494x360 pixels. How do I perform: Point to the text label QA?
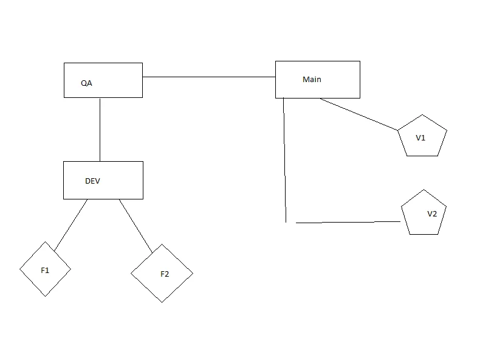(x=86, y=83)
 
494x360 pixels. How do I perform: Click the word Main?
(x=312, y=80)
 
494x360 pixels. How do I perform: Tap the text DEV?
(x=92, y=181)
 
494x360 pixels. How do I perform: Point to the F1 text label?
(x=45, y=271)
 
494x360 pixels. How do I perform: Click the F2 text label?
(x=165, y=274)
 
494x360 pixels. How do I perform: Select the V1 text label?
(x=420, y=138)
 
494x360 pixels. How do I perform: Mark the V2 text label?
(x=432, y=214)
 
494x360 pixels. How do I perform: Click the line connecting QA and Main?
(x=209, y=77)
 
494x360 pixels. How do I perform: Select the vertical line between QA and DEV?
(x=100, y=129)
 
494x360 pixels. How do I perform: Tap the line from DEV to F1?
(x=70, y=225)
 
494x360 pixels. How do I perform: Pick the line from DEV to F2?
(x=136, y=226)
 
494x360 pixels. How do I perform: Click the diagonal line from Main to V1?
(x=358, y=114)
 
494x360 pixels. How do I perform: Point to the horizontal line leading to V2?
(x=348, y=223)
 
